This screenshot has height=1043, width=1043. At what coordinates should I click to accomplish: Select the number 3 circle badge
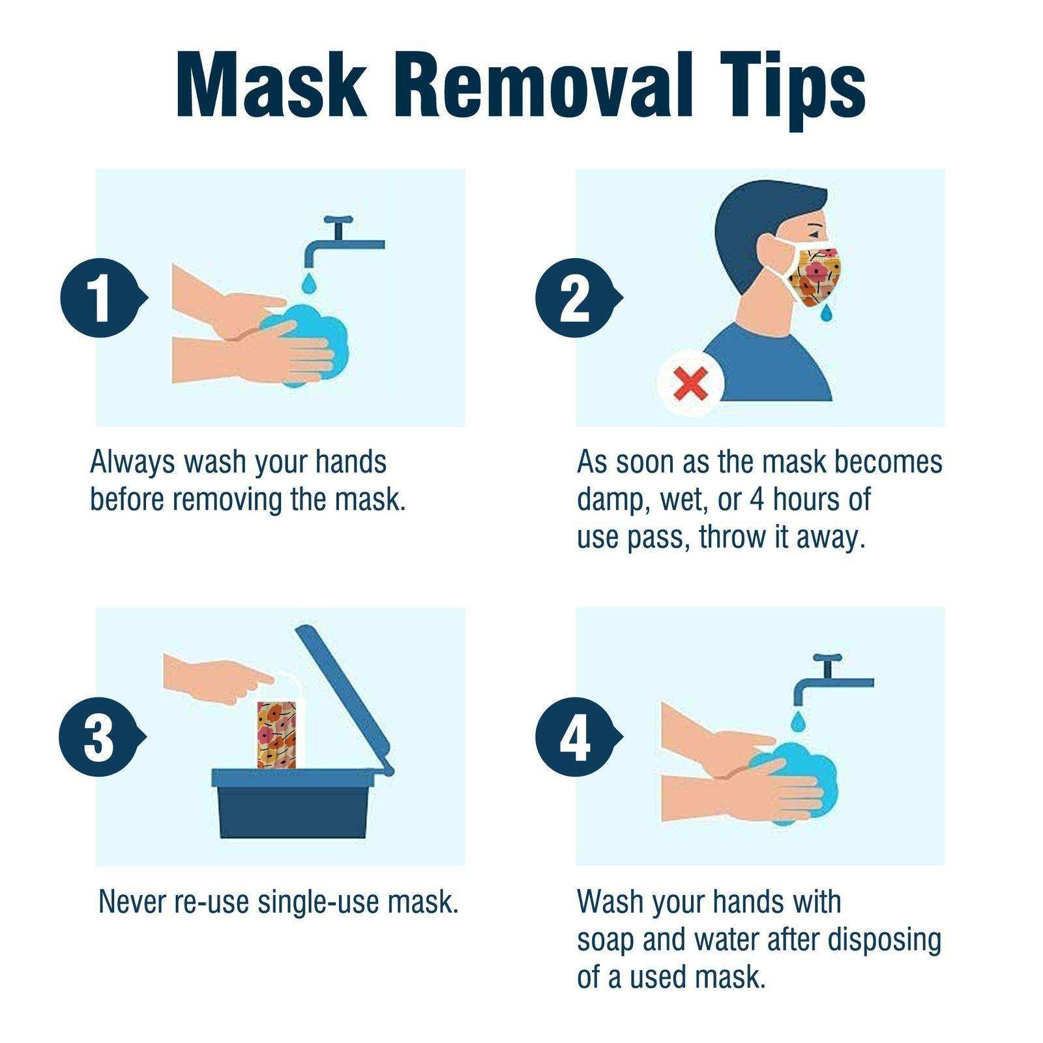click(98, 737)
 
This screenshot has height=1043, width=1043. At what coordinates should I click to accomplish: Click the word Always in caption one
click(132, 462)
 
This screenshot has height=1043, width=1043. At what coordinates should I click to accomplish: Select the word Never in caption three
click(132, 902)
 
